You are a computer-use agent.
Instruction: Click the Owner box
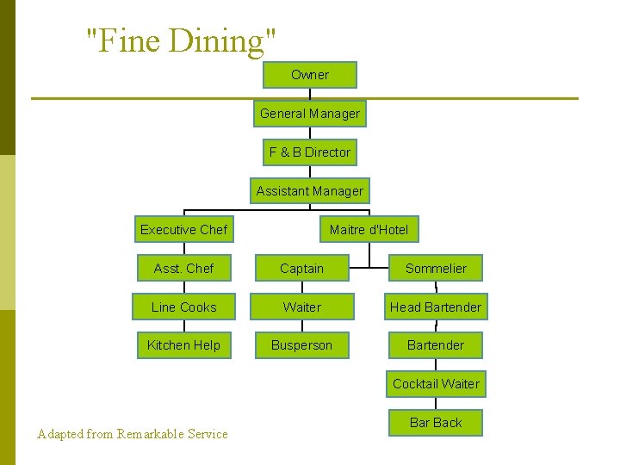tap(310, 75)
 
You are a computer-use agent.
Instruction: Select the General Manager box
tap(310, 114)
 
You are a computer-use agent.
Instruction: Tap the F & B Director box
tap(310, 152)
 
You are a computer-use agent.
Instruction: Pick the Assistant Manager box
tap(310, 191)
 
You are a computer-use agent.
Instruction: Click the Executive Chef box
tap(184, 230)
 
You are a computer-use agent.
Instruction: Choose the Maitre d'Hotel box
tap(369, 230)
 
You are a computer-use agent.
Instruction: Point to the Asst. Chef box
tap(184, 269)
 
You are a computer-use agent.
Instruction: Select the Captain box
tap(302, 269)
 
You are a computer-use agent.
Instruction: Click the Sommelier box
tap(436, 269)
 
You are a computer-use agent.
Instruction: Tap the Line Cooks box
tap(184, 307)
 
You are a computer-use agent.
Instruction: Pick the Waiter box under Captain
tap(302, 307)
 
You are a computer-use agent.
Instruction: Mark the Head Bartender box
tap(436, 307)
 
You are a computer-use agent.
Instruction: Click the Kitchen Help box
tap(184, 345)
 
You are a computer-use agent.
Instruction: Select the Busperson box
tap(302, 345)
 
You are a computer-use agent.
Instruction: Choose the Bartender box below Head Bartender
tap(436, 345)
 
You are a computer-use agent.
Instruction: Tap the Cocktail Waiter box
tap(436, 384)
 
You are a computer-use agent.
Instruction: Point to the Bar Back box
tap(436, 423)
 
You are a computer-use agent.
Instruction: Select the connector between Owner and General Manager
tap(310, 95)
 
